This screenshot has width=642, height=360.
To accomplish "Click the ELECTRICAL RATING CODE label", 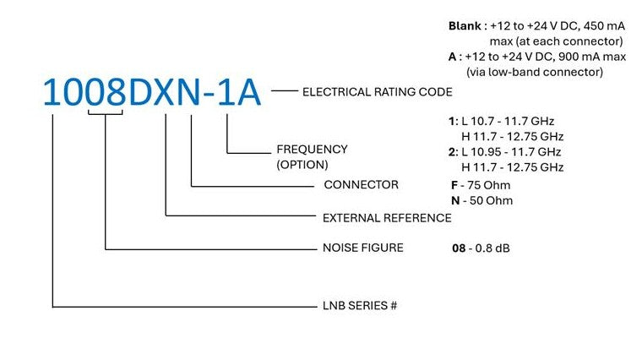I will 377,91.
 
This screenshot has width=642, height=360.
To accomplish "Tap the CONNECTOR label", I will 361,184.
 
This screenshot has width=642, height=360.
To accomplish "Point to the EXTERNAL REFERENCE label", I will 387,217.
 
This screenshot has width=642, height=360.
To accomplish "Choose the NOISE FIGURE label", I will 362,248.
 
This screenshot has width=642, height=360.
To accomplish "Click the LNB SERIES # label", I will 360,305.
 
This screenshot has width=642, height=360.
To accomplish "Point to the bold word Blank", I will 465,25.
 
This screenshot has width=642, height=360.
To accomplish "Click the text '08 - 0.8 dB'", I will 481,248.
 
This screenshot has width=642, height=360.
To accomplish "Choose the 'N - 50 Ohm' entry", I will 481,200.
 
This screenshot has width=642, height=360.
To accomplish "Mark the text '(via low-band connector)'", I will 535,72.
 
